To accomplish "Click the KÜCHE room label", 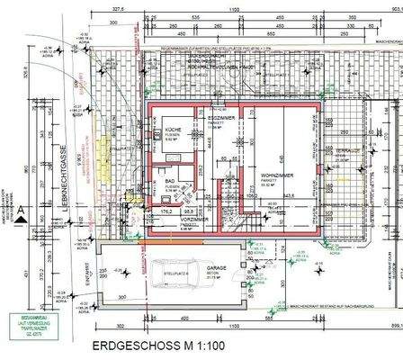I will click(x=173, y=130).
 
